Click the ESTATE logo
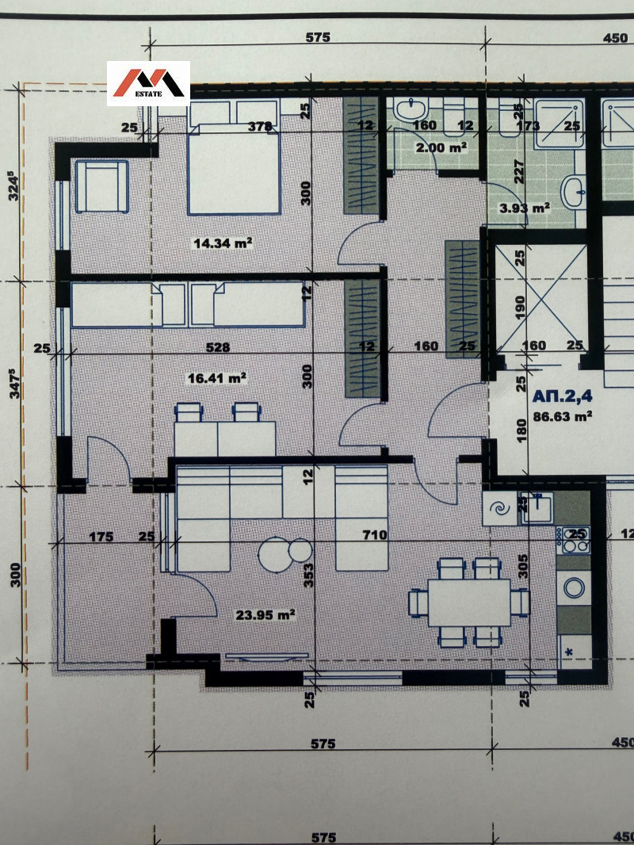(x=148, y=83)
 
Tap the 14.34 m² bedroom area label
(x=223, y=243)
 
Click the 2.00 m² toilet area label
(x=442, y=147)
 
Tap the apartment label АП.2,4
(x=562, y=396)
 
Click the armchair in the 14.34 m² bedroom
(x=101, y=185)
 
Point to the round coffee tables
(x=286, y=552)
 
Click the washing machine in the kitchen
(x=573, y=588)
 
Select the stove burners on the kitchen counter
(x=573, y=541)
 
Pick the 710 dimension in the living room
(x=374, y=536)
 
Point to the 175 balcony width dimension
(x=101, y=537)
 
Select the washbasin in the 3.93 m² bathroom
(x=574, y=189)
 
